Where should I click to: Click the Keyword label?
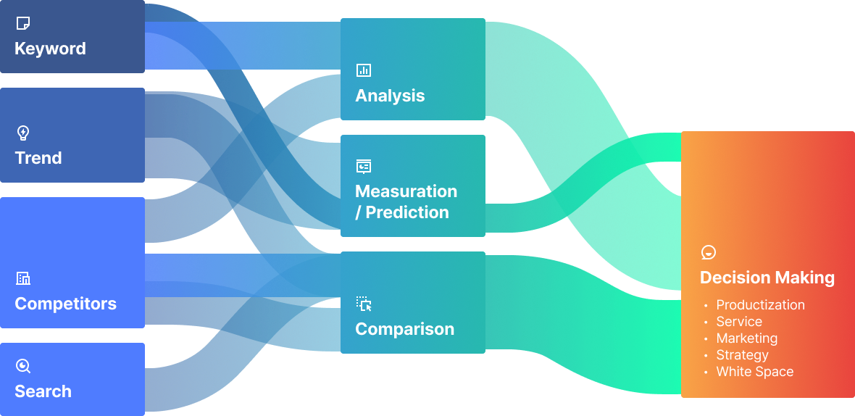50,49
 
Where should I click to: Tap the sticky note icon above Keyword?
23,24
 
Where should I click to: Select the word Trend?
38,158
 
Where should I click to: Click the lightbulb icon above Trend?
23,133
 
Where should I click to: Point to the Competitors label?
65,303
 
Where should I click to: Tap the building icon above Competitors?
23,278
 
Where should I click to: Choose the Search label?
43,391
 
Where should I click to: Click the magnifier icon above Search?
23,366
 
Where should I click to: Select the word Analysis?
390,96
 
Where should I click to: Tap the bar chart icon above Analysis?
364,70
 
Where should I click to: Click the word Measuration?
406,191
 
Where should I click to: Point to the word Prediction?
407,212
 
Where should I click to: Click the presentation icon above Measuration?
364,167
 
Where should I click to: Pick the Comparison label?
404,328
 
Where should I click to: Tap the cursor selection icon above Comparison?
364,304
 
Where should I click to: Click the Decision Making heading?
767,278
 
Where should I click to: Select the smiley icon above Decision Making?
709,252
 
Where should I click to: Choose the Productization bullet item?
760,305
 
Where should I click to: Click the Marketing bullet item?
746,338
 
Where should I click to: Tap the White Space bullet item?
754,372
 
